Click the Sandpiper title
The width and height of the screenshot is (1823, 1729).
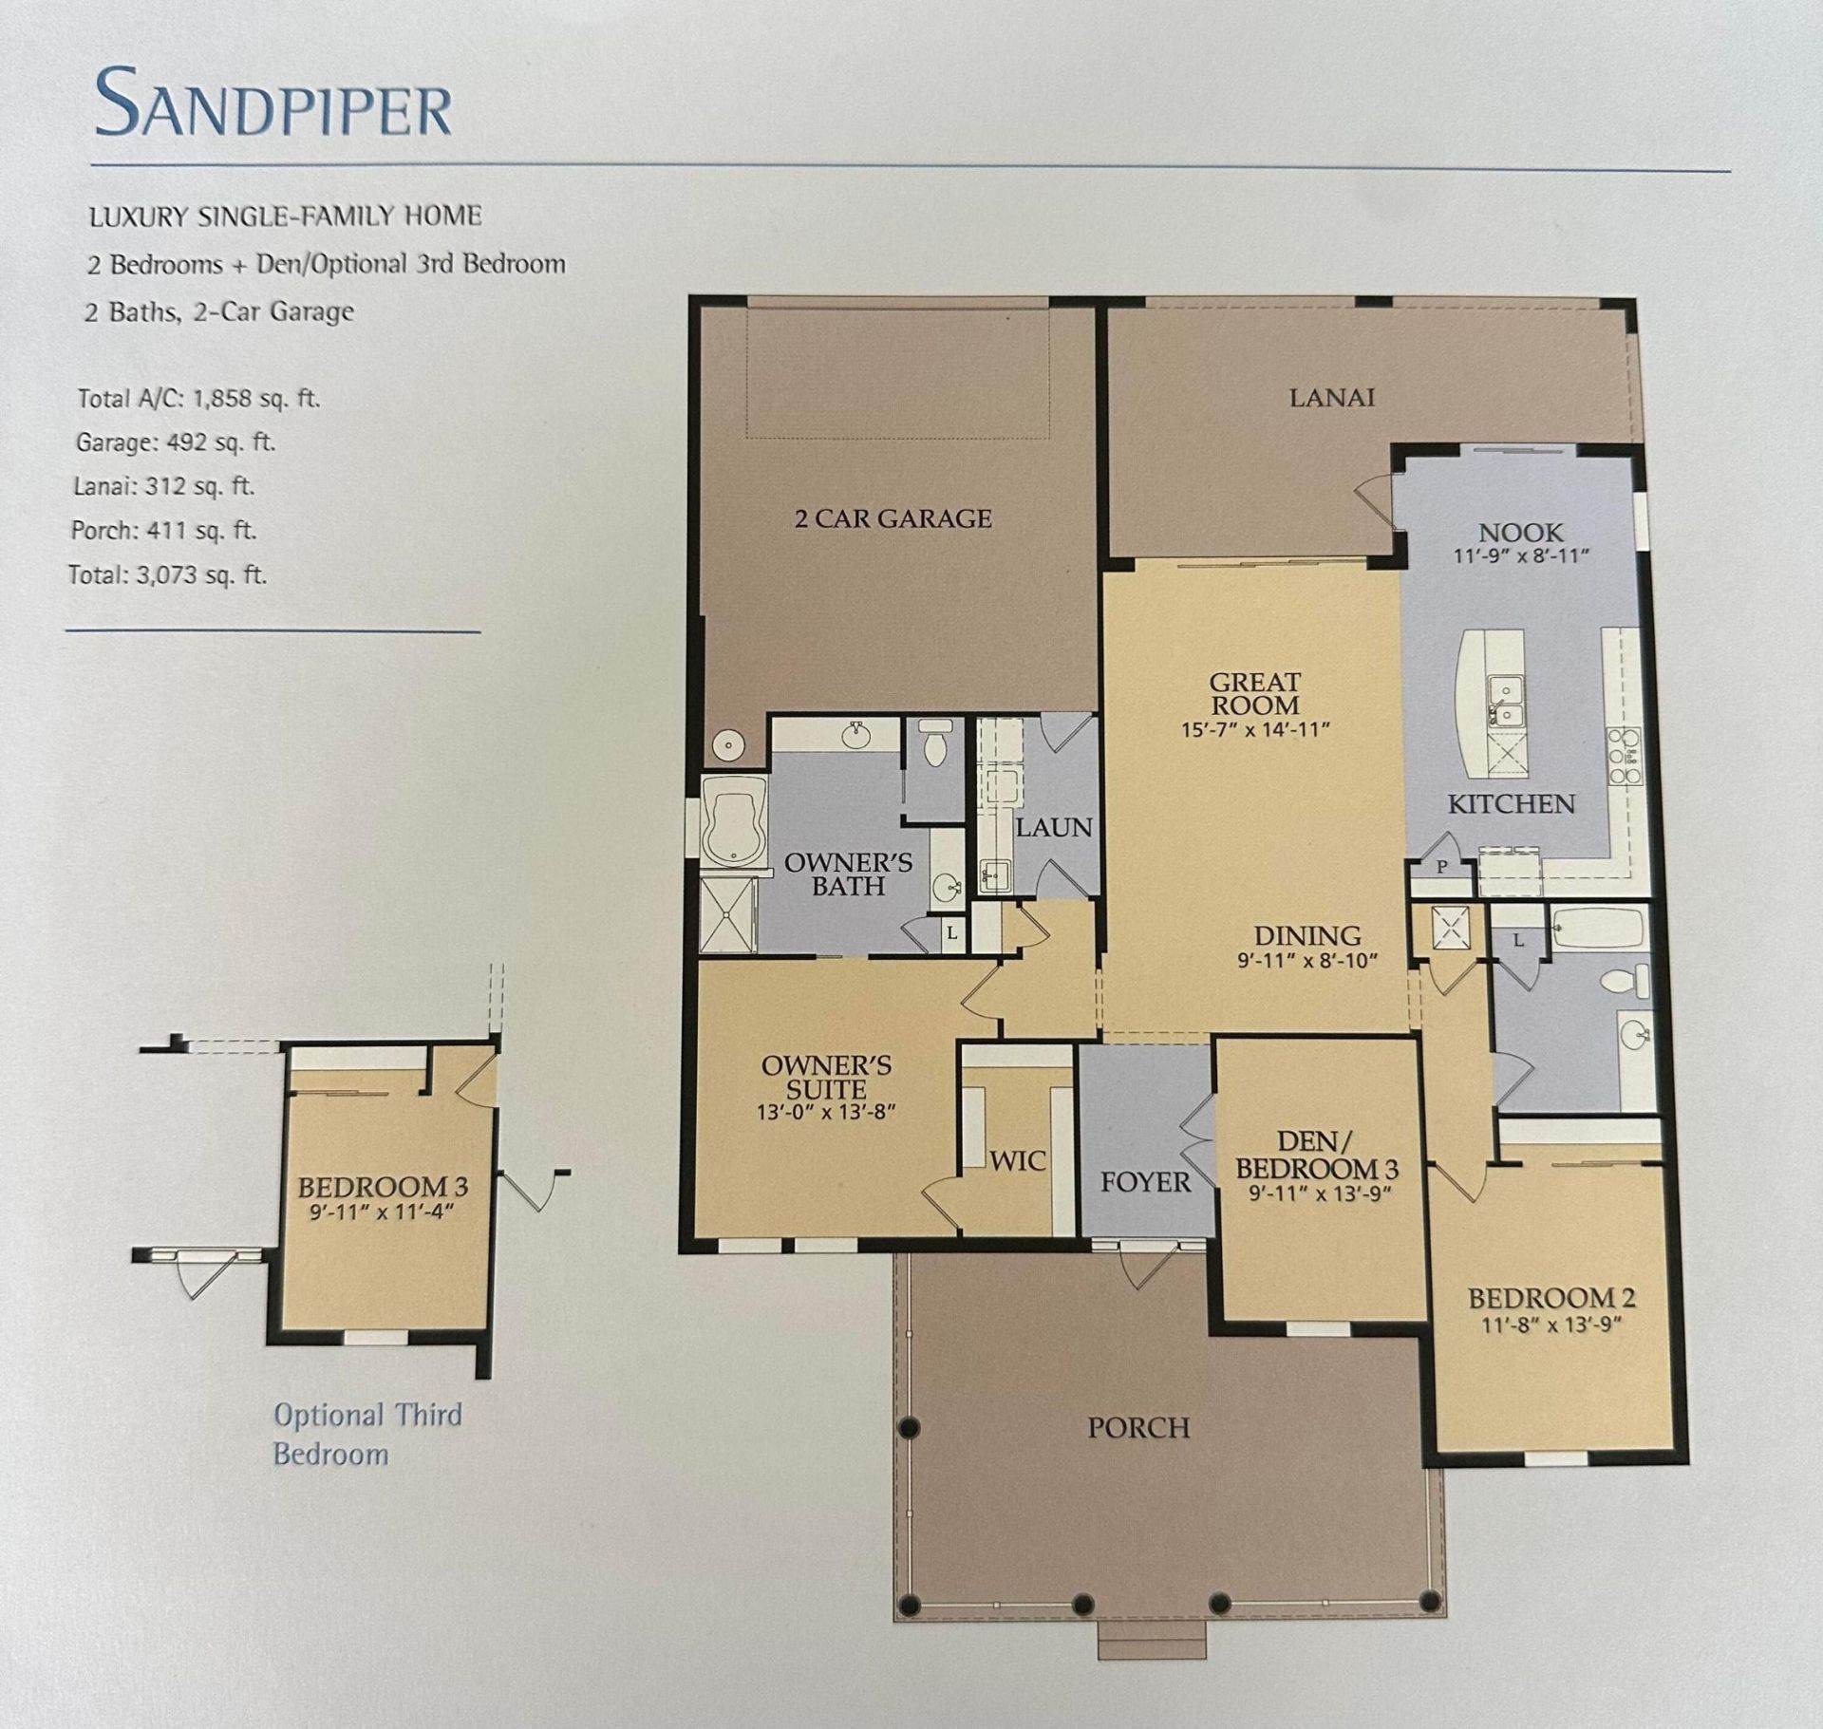click(273, 102)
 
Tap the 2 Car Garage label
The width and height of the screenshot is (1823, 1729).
click(893, 518)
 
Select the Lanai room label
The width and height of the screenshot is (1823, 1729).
click(1331, 398)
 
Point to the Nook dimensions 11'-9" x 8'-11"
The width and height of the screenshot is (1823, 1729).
click(1520, 556)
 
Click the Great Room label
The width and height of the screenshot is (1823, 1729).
click(1254, 694)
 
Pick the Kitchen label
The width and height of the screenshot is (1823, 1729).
click(1511, 804)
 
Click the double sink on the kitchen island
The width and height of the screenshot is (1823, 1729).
click(1505, 701)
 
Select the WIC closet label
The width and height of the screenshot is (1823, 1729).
click(1017, 1160)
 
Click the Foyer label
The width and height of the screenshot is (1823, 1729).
click(1145, 1182)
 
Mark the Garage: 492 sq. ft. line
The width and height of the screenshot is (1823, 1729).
click(175, 442)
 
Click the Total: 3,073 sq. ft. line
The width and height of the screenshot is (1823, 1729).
click(167, 574)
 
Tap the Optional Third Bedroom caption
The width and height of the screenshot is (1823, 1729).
click(366, 1434)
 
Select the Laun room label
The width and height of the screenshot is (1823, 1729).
click(1053, 828)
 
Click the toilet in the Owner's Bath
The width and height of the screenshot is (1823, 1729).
click(936, 742)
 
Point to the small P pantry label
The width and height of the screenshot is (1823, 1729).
click(1441, 867)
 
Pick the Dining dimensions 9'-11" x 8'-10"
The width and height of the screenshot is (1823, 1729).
click(1306, 961)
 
